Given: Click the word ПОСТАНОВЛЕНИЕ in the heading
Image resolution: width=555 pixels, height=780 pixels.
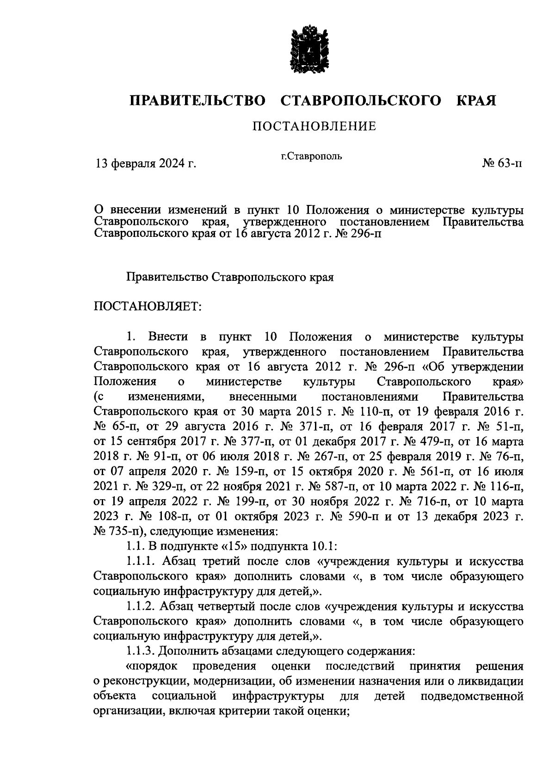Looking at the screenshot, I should [x=314, y=126].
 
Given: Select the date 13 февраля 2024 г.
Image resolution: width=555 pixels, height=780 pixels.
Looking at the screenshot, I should [x=146, y=163].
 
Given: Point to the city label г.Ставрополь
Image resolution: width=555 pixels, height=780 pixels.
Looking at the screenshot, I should [x=312, y=156].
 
